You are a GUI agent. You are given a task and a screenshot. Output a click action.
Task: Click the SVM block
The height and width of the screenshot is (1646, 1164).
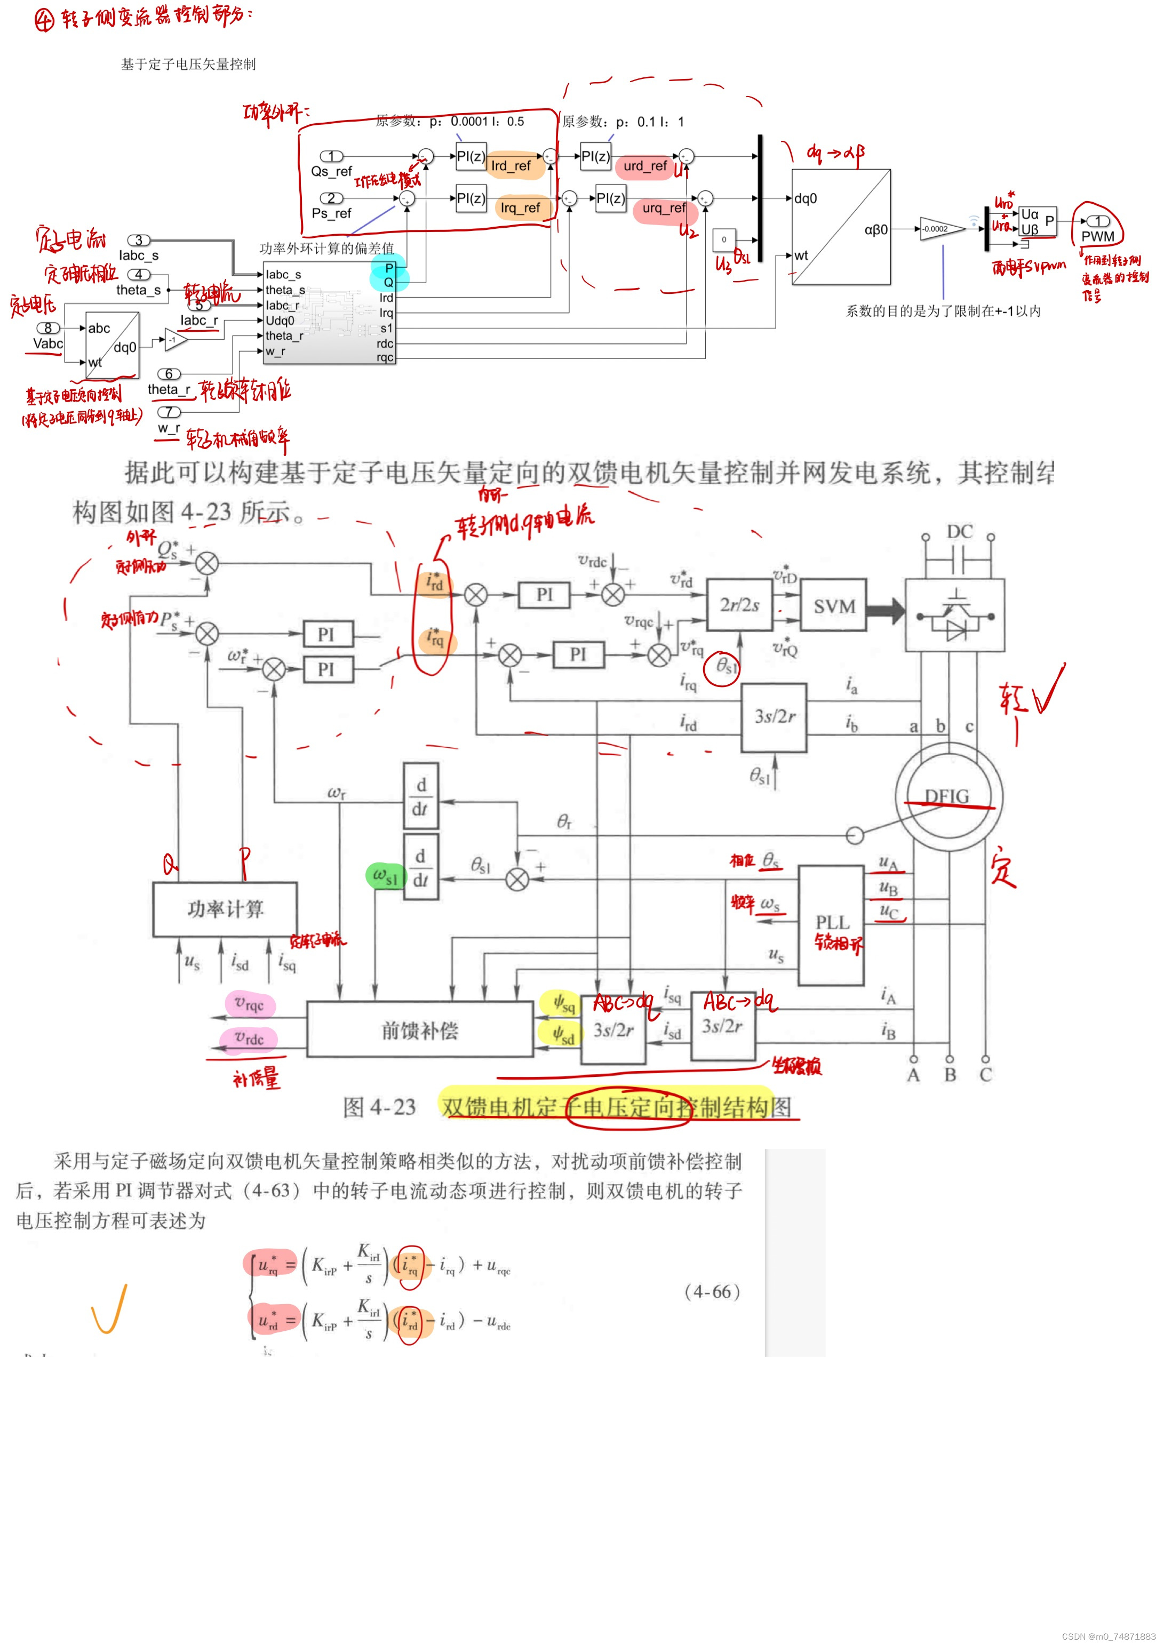coord(833,606)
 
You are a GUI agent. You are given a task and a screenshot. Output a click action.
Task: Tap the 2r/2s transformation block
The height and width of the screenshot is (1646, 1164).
coord(739,605)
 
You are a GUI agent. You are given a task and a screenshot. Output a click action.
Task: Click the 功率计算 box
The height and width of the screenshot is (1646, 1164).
coord(225,909)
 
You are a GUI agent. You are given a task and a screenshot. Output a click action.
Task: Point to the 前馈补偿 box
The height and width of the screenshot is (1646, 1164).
coord(419,1030)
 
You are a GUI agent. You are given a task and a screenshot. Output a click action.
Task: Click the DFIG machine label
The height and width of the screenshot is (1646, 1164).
coord(947,796)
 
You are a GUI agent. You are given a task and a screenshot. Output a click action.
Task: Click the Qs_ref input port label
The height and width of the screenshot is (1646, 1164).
coord(331,171)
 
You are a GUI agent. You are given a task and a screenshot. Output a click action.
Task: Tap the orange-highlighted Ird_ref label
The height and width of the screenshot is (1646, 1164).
coord(511,165)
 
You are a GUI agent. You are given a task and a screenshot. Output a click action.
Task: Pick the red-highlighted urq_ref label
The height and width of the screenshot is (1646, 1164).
coord(664,208)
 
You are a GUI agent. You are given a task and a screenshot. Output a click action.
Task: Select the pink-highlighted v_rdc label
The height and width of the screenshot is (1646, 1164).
coord(250,1038)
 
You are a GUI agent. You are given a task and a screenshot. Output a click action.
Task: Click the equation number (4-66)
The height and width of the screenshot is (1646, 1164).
coord(712,1292)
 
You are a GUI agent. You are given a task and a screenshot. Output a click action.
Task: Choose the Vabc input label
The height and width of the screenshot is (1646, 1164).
coord(48,343)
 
